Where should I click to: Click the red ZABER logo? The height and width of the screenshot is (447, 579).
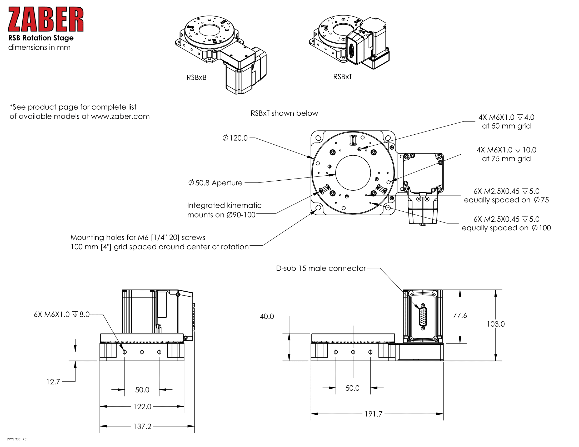tap(46, 19)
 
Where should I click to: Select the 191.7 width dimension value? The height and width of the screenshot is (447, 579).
tap(373, 414)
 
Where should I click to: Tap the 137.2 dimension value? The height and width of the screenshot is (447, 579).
tap(142, 426)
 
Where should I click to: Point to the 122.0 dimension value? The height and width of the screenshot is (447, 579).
tap(142, 407)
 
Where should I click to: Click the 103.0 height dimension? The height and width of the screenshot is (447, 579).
tap(496, 324)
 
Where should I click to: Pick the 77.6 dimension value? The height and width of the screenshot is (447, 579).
tap(460, 315)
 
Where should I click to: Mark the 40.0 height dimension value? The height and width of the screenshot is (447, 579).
tap(267, 316)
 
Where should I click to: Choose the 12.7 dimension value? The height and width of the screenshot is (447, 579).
tap(53, 382)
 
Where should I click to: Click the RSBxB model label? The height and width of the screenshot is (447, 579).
tap(196, 77)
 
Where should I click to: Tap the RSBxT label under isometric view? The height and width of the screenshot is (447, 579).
tap(342, 77)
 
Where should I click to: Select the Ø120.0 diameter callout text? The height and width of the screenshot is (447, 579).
tap(235, 138)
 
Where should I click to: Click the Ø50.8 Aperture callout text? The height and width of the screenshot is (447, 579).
tap(215, 183)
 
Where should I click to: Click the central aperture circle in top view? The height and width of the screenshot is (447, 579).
tap(353, 173)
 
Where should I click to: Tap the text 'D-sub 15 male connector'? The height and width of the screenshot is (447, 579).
tap(321, 268)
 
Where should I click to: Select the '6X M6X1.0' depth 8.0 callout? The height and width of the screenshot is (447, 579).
tap(62, 314)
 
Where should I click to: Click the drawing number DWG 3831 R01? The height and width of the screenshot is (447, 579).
tap(17, 439)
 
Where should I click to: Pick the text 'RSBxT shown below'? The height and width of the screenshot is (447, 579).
tap(284, 113)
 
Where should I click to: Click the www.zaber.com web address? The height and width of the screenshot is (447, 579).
tap(120, 116)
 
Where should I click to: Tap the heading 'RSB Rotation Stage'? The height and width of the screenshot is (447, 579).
tap(41, 38)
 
